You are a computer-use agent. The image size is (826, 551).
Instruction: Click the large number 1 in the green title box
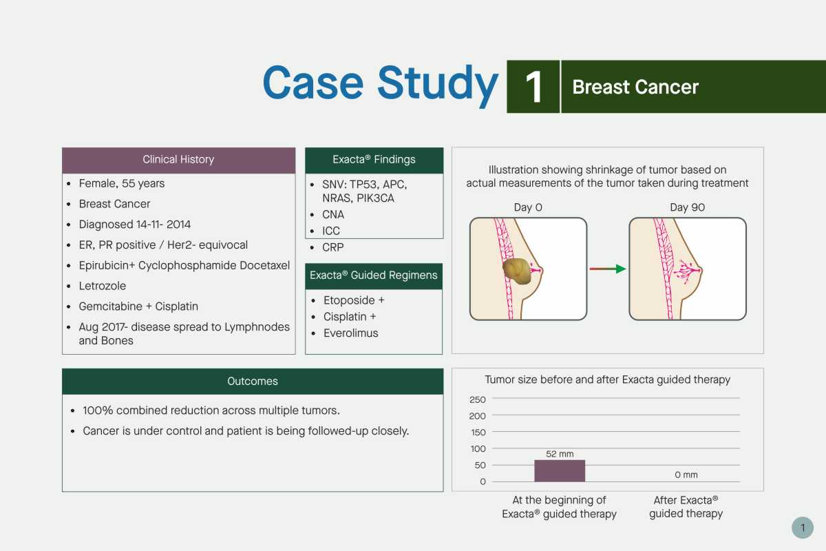[533, 87]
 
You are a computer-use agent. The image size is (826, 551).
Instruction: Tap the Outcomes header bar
[253, 382]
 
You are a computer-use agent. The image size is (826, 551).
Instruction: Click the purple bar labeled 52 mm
[560, 470]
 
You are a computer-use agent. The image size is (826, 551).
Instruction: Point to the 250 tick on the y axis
[478, 399]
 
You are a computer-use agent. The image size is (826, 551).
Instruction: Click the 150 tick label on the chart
[478, 432]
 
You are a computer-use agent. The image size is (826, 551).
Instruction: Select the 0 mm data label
[686, 475]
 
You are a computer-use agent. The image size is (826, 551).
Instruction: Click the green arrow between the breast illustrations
[607, 269]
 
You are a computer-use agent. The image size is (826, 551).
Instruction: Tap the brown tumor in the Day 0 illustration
[517, 271]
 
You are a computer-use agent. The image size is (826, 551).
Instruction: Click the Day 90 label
[688, 207]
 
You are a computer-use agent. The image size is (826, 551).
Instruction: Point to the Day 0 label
[528, 207]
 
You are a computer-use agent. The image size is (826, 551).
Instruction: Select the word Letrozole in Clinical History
[102, 286]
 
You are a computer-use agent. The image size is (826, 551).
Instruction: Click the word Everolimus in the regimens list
[350, 333]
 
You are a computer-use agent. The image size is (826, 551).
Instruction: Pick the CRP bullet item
[332, 247]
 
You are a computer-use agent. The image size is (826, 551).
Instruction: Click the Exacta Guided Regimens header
[374, 275]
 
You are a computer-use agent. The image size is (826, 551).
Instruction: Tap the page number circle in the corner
[803, 528]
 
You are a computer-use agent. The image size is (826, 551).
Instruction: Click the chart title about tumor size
[607, 380]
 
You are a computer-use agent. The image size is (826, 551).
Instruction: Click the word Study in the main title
[437, 84]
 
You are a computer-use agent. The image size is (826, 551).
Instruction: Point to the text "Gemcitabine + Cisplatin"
[138, 306]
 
